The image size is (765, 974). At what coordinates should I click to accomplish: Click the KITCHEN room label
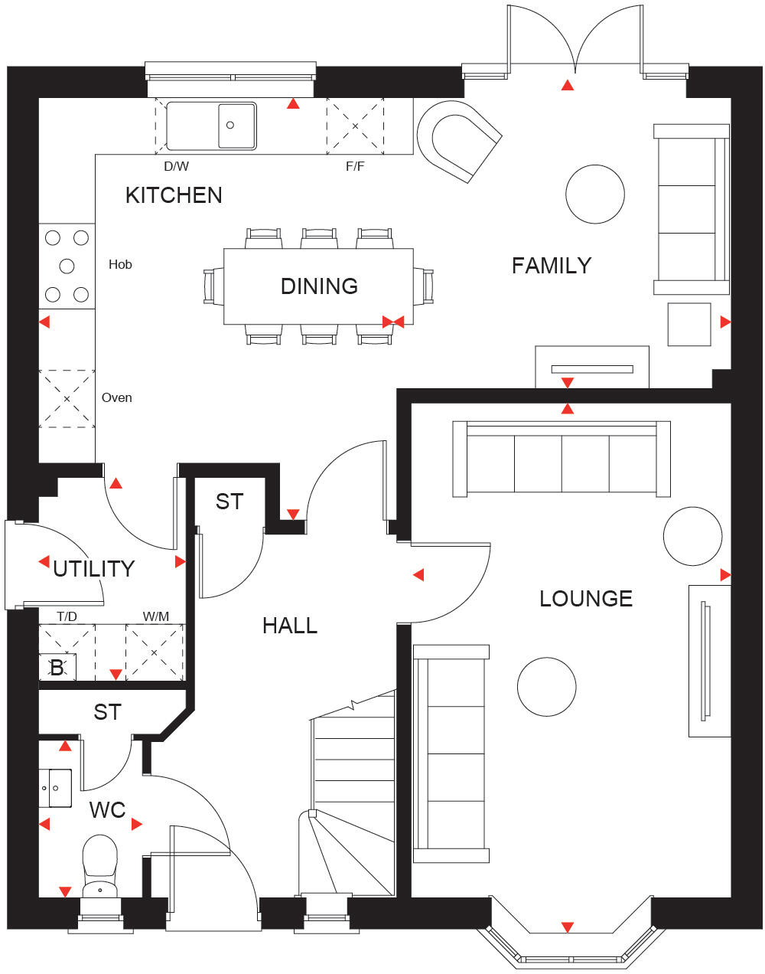coord(174,195)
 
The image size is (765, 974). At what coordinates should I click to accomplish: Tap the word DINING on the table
coord(319,286)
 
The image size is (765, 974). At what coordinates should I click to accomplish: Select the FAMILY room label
coord(551,266)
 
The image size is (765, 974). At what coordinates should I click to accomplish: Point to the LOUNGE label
coord(585,599)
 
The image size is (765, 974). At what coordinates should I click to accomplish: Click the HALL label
coord(289,626)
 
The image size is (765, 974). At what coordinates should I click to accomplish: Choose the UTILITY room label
coord(93,569)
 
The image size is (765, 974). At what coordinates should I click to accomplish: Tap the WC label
coord(107,810)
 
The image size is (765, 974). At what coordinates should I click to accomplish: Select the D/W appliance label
coord(176,166)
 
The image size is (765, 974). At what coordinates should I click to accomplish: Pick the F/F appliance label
coord(355,166)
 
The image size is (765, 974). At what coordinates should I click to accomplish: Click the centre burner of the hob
coord(67,266)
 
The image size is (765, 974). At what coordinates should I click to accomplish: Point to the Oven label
coord(116,397)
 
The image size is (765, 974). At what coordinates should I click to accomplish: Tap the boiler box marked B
coord(57,668)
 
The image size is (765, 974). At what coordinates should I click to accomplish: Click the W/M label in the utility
coord(155,616)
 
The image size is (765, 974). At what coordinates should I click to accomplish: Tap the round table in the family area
coord(594,194)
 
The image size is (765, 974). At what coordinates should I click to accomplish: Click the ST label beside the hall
coord(229,502)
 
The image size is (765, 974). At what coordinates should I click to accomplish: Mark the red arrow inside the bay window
coord(567,927)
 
